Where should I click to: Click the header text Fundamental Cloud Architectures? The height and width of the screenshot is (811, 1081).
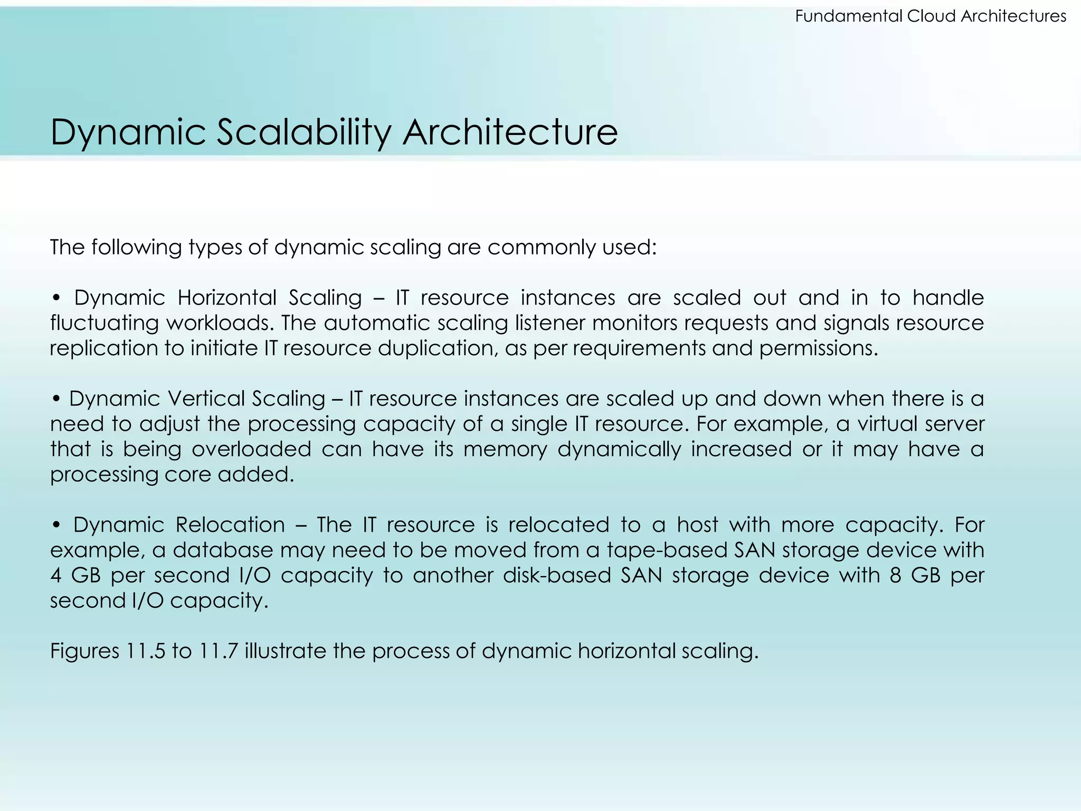(x=930, y=16)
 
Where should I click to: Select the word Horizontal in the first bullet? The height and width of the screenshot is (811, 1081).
(x=226, y=298)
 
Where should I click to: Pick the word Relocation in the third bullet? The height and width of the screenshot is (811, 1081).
(x=230, y=525)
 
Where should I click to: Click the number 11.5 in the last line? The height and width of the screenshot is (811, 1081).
(x=145, y=651)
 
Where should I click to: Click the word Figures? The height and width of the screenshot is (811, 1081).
(x=84, y=651)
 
